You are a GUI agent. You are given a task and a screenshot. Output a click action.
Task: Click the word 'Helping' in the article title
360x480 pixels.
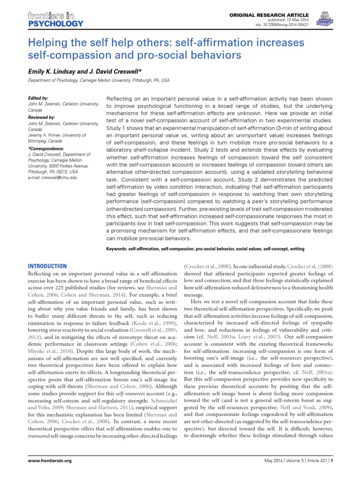coord(47,42)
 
